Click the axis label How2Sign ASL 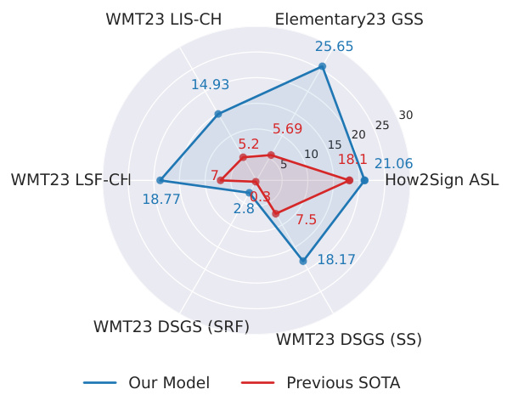coord(442,180)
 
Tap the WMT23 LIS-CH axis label coord(162,19)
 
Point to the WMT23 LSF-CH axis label coord(70,180)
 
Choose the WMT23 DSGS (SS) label coord(349,340)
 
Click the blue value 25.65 coord(334,47)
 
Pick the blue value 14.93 coord(210,84)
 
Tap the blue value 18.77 coord(161,200)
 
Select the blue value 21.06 coord(393,164)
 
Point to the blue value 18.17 coord(336,260)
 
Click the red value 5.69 coord(287,129)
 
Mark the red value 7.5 coord(306,220)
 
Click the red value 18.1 coord(352,160)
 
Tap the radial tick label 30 coord(405,116)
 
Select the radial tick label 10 coord(311,154)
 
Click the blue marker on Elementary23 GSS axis coord(322,66)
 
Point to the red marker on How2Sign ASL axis coord(349,180)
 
